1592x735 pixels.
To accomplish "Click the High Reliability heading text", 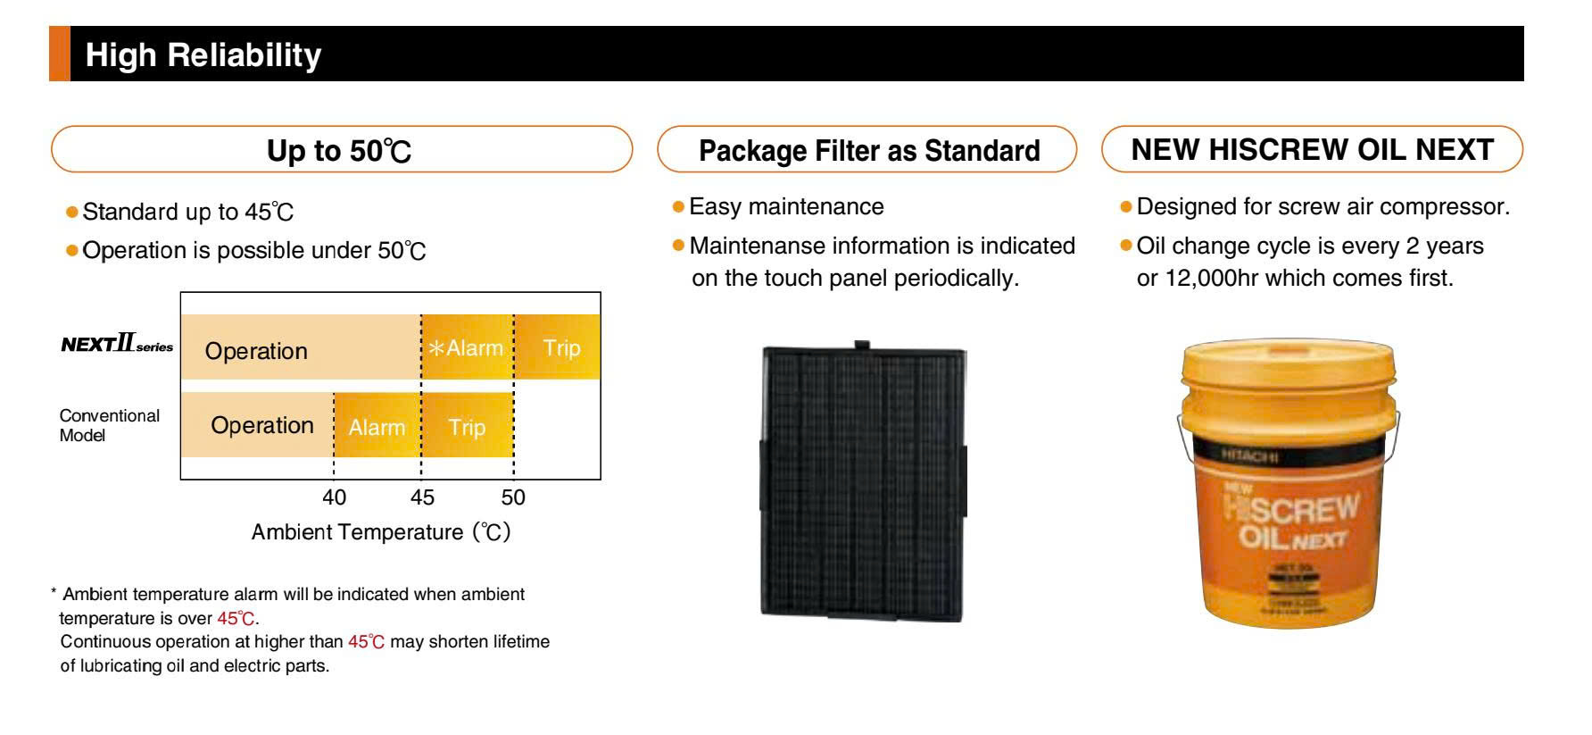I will click(x=203, y=55).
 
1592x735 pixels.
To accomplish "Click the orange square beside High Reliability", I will click(x=59, y=54).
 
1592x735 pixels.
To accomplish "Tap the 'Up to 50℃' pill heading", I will click(x=340, y=150).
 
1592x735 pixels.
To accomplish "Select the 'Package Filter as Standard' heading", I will click(x=868, y=150).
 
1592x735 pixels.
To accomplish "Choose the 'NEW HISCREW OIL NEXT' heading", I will click(x=1312, y=150).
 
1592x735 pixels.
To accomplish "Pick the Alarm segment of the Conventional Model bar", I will click(x=377, y=427).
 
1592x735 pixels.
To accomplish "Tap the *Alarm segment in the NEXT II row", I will click(x=466, y=347).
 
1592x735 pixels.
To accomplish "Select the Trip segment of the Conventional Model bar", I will click(x=467, y=427).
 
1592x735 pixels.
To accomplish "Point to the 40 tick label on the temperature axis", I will click(x=334, y=497).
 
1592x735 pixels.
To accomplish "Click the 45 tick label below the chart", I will click(x=421, y=497).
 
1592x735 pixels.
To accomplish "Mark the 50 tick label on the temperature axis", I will click(x=513, y=497).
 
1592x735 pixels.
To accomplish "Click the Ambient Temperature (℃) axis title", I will click(x=381, y=532).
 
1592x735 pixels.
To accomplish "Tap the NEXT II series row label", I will click(x=117, y=345).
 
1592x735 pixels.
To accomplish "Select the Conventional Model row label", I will click(x=109, y=425).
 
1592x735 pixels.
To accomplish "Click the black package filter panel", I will click(x=863, y=482).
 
